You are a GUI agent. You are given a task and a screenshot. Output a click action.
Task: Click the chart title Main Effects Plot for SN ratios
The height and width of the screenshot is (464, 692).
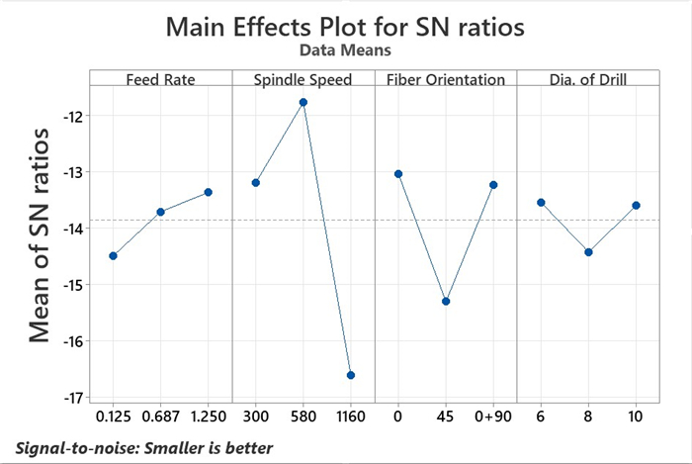click(345, 26)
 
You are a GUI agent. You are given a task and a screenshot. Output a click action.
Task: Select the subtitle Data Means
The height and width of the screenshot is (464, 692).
click(345, 47)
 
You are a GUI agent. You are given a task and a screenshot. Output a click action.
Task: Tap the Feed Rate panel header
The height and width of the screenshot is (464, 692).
click(160, 79)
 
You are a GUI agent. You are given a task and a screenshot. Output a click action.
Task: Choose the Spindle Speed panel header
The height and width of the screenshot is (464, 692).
click(303, 79)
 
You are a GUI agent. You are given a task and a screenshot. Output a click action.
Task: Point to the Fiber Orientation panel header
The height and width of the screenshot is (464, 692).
click(445, 79)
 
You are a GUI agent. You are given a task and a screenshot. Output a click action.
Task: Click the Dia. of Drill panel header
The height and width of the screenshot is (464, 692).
click(587, 79)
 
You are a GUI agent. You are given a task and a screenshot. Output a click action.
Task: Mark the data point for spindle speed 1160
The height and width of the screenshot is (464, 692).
click(350, 375)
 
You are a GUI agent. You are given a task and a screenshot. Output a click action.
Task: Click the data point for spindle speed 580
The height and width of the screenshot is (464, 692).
click(303, 102)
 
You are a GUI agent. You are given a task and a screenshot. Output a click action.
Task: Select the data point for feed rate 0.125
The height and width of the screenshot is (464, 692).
click(113, 255)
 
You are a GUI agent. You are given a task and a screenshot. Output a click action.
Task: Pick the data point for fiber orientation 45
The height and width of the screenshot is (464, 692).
click(446, 301)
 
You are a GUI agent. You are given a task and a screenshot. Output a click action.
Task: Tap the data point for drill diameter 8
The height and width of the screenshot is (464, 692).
click(588, 251)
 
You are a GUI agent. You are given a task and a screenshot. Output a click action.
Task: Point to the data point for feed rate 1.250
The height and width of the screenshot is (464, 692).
click(208, 192)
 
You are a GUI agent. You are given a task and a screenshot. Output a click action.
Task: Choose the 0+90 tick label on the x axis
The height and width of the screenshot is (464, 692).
click(492, 418)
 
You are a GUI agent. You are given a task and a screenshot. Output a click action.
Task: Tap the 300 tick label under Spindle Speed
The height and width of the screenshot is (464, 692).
click(255, 418)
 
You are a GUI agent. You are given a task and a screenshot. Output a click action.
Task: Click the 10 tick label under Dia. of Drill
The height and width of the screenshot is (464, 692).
click(636, 418)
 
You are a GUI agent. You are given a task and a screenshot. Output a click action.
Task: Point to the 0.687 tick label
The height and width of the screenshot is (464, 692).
click(160, 418)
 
